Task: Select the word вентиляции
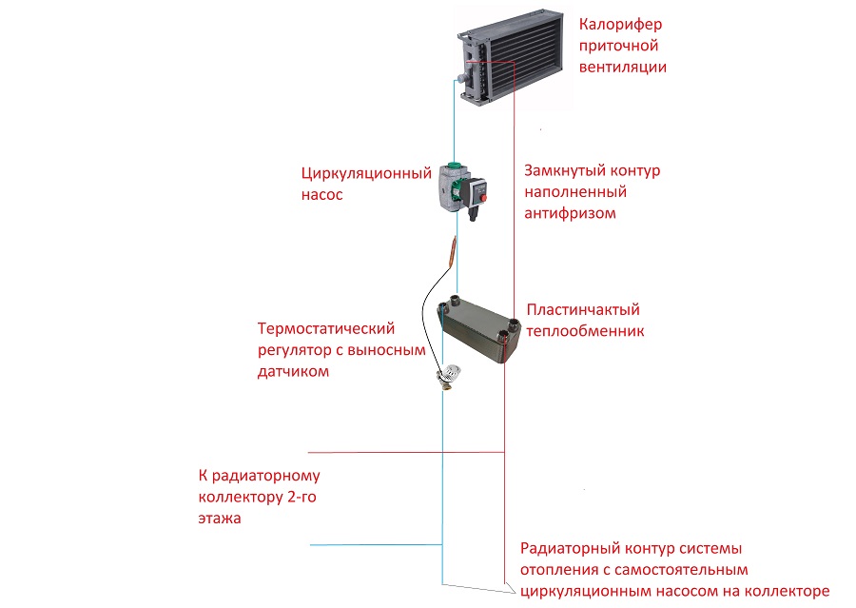click(623, 67)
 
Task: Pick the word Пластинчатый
click(582, 310)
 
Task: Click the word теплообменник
click(586, 331)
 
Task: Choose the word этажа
click(220, 519)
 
